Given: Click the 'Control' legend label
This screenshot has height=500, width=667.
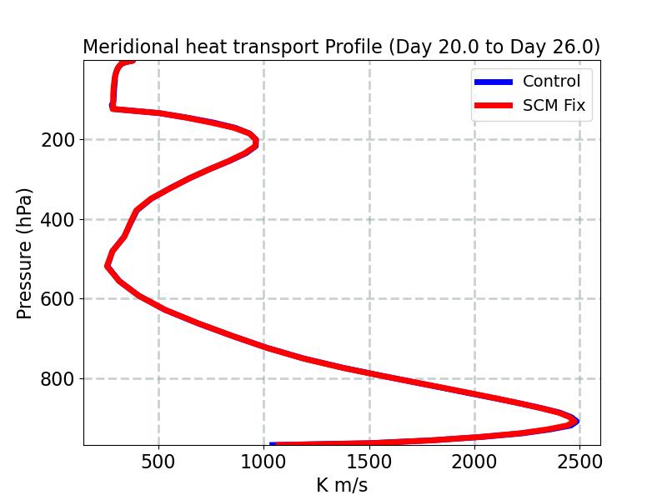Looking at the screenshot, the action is coord(551,81).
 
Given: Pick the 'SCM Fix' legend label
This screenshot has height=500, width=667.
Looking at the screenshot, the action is coord(554,105).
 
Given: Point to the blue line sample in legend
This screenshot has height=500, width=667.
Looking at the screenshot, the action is coord(494,82).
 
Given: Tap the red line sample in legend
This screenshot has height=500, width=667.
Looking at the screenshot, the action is coord(494,106).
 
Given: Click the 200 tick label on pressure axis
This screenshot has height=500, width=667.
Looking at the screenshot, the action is coord(57,139).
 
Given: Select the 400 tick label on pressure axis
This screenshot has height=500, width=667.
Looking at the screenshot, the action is coord(57,219).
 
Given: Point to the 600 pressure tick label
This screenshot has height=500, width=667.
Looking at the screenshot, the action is coord(57,299).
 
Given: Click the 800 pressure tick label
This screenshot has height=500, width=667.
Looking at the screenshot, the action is coord(57,378).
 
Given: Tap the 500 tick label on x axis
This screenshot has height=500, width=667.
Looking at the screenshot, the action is coord(158,462).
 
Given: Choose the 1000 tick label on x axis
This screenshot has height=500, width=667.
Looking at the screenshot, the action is coord(263,462).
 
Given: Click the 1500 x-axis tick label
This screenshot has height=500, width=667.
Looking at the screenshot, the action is coord(369,462).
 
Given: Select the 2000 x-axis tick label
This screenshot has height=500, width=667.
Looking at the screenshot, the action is coord(474,462).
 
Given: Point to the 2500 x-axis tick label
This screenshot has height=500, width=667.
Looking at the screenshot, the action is coord(579,462).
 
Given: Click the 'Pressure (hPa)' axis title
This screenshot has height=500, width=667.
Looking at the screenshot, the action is coord(24,253).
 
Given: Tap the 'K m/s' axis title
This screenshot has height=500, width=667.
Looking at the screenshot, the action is coord(342,485).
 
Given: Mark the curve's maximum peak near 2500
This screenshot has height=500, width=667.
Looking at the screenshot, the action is coord(576,422).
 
